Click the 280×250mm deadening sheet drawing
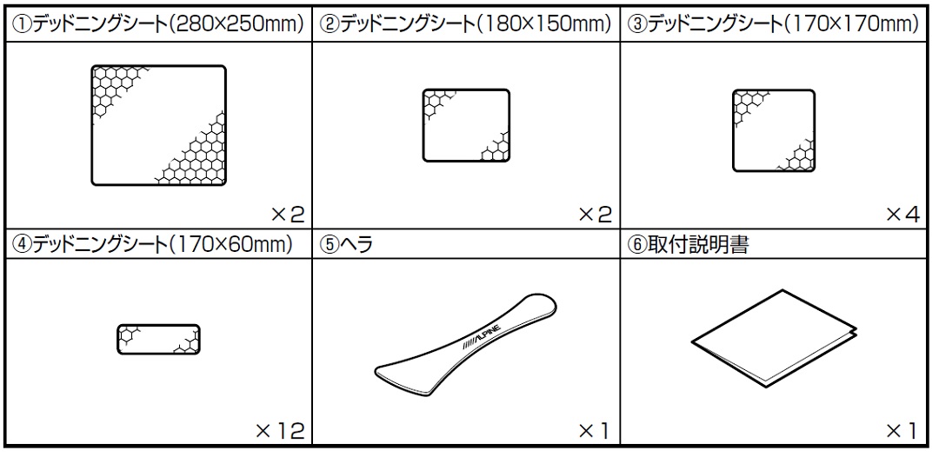pyautogui.click(x=159, y=125)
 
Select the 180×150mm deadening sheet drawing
pyautogui.click(x=466, y=126)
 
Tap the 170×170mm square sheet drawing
pyautogui.click(x=774, y=130)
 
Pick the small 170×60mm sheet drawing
pyautogui.click(x=159, y=340)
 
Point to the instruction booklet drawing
pyautogui.click(x=775, y=338)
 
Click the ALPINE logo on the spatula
pyautogui.click(x=482, y=336)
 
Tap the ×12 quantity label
pyautogui.click(x=280, y=430)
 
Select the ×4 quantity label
pyautogui.click(x=902, y=214)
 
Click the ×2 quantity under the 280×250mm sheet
pyautogui.click(x=288, y=214)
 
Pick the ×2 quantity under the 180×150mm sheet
pyautogui.click(x=596, y=214)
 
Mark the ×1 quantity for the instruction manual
pyautogui.click(x=902, y=430)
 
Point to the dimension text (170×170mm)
pyautogui.click(x=851, y=24)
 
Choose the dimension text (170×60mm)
pyautogui.click(x=230, y=245)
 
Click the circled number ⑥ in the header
pyautogui.click(x=637, y=245)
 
